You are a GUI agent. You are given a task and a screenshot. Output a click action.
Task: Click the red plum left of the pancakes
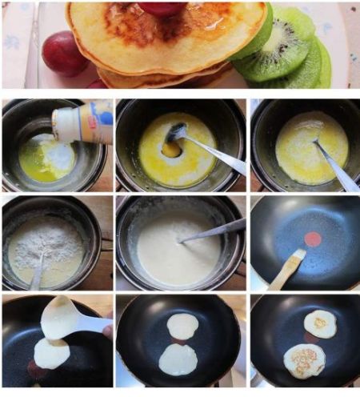pos(64,54)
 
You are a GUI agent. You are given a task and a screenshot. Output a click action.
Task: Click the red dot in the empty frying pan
pos(313,239)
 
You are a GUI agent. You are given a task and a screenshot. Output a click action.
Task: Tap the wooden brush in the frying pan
pos(286,269)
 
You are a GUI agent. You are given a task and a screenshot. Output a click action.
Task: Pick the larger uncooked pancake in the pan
pos(178,359)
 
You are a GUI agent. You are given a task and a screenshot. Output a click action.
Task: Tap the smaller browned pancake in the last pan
pos(320,323)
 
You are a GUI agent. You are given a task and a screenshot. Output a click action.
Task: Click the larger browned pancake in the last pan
pos(305,360)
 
